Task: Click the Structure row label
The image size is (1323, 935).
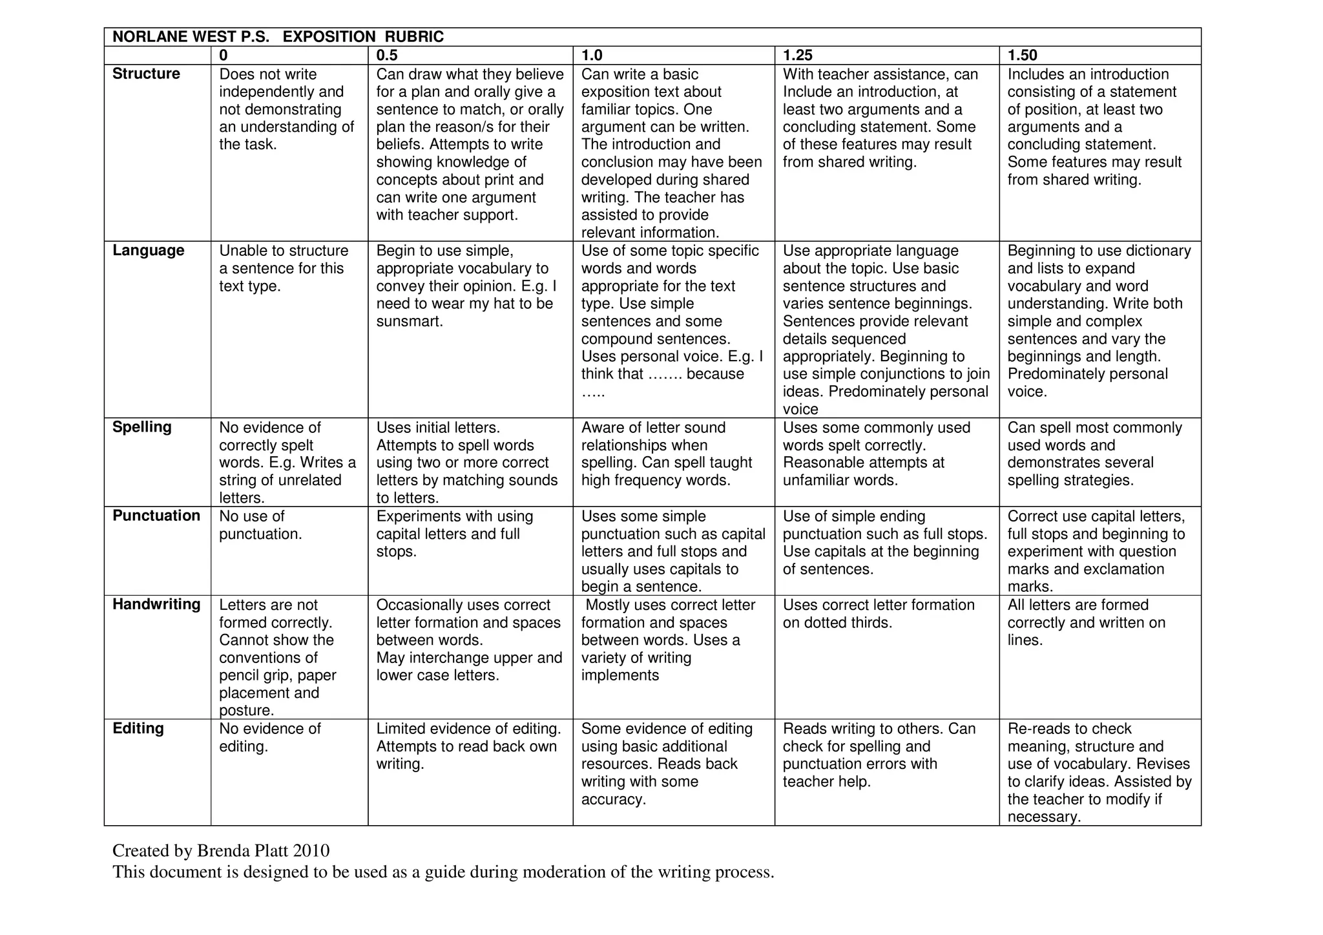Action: (x=146, y=74)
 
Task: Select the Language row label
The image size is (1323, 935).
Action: (x=148, y=250)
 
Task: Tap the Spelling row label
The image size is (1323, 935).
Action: (x=141, y=427)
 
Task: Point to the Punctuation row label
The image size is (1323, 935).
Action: (x=156, y=516)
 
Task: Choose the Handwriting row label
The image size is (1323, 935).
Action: (x=156, y=604)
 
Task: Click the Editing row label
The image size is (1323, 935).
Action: (x=138, y=728)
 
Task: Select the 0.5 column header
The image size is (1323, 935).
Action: (x=387, y=56)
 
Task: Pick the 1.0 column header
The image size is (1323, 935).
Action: (x=592, y=56)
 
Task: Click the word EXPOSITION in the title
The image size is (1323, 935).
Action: (x=329, y=37)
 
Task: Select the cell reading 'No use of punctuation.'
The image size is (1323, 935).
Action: (x=260, y=525)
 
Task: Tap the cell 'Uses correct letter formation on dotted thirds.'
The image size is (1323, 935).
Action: (x=879, y=614)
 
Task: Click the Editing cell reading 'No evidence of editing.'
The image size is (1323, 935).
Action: (x=269, y=737)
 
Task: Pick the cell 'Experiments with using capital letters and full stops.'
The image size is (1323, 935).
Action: (x=454, y=534)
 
